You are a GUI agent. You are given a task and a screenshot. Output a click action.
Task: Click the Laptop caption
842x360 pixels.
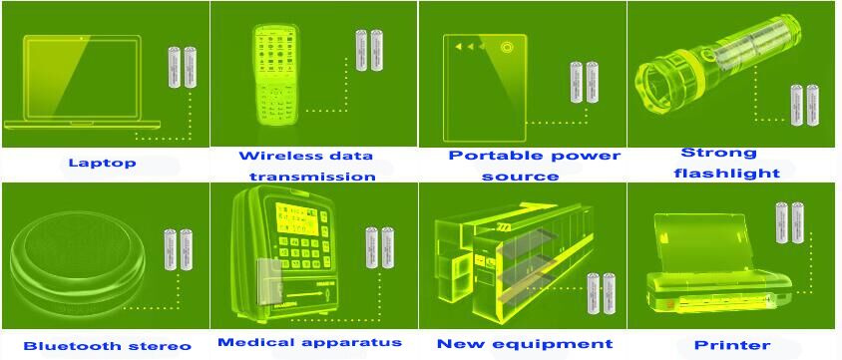(103, 163)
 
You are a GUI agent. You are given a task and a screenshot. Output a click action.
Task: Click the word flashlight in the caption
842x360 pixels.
(726, 174)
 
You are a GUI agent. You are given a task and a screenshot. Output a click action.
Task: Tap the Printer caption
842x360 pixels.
(732, 345)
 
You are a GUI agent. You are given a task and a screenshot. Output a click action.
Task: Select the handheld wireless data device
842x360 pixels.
(275, 74)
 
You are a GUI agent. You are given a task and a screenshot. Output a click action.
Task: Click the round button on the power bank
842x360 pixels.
(506, 47)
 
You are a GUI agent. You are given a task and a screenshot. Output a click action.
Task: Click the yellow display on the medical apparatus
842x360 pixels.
(297, 218)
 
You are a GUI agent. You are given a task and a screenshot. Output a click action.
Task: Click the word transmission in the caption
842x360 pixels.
(312, 177)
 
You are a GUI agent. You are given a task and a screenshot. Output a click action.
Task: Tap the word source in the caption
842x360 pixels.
(520, 177)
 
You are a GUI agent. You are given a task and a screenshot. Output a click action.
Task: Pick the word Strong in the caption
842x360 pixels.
(718, 153)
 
